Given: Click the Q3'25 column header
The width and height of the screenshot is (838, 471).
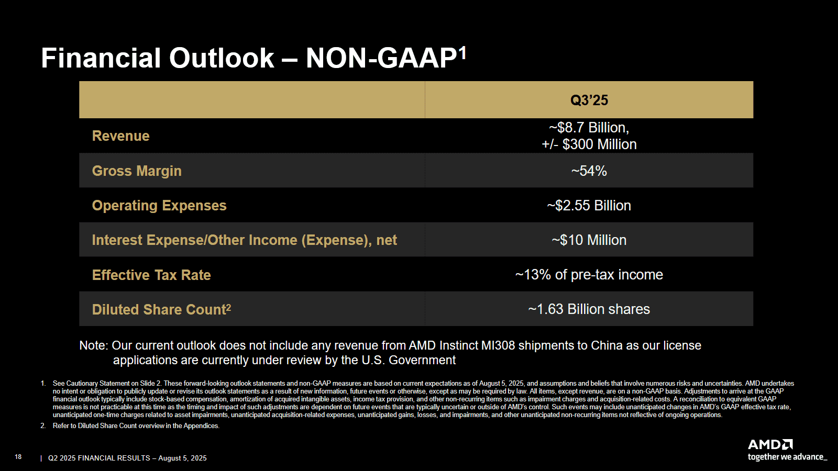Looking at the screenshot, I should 589,100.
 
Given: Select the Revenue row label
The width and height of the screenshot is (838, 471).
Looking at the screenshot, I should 120,136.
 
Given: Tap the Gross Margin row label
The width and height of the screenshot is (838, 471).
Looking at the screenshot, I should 137,171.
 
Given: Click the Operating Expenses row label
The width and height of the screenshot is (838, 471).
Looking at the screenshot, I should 159,206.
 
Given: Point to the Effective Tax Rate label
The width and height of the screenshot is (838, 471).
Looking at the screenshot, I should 151,275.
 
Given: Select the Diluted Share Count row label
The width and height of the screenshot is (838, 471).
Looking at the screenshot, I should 161,310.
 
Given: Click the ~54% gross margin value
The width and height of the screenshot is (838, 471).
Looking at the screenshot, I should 589,171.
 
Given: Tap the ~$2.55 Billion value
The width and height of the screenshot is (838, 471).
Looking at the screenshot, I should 589,206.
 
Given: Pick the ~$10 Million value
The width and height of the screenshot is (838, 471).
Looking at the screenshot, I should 589,240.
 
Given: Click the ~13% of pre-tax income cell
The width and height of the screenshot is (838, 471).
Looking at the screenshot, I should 589,275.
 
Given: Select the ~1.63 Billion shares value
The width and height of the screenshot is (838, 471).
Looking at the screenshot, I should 589,309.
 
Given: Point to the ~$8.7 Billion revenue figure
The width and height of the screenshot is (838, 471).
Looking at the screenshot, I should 589,128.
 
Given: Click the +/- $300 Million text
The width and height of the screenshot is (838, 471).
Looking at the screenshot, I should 589,144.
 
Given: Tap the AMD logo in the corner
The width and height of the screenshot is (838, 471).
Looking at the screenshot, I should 770,445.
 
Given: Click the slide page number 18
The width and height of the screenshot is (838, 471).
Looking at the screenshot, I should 18,457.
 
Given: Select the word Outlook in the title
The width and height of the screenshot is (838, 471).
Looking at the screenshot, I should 222,58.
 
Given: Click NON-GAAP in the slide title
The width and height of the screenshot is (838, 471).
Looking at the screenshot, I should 381,58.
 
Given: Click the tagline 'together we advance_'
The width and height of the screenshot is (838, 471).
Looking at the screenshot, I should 787,457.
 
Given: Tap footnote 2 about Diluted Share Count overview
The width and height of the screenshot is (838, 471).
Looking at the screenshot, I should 136,426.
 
